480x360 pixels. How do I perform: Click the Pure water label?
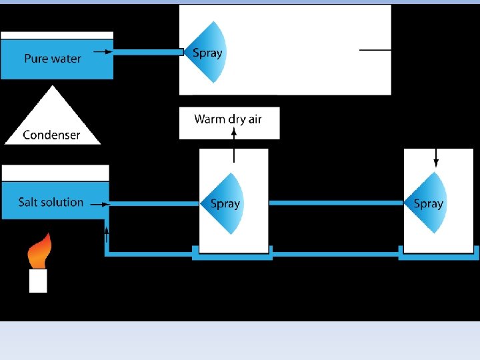click(x=53, y=58)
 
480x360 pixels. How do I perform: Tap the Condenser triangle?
click(x=53, y=123)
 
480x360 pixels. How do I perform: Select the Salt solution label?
click(x=51, y=202)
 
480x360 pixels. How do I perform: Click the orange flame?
click(x=39, y=251)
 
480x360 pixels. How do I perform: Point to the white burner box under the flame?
click(x=38, y=281)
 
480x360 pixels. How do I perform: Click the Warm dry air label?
click(x=228, y=119)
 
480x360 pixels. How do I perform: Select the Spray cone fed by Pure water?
click(x=205, y=53)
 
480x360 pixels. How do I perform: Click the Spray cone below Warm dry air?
click(x=222, y=203)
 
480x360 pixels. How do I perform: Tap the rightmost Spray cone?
click(x=425, y=203)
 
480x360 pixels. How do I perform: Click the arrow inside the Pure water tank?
click(x=103, y=51)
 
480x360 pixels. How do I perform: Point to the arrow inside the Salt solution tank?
click(x=100, y=204)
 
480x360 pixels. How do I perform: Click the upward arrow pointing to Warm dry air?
click(x=234, y=145)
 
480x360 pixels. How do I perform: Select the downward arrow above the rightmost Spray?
click(x=436, y=158)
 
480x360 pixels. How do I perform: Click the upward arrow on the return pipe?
click(x=107, y=235)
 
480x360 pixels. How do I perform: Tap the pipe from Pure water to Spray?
click(x=149, y=52)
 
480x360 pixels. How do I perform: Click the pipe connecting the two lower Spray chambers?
click(x=337, y=203)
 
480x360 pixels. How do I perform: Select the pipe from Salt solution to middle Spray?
click(x=154, y=203)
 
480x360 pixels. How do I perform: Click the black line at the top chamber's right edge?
click(x=375, y=49)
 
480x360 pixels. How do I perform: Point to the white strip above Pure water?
click(x=57, y=35)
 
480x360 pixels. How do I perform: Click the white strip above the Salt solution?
click(x=55, y=173)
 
